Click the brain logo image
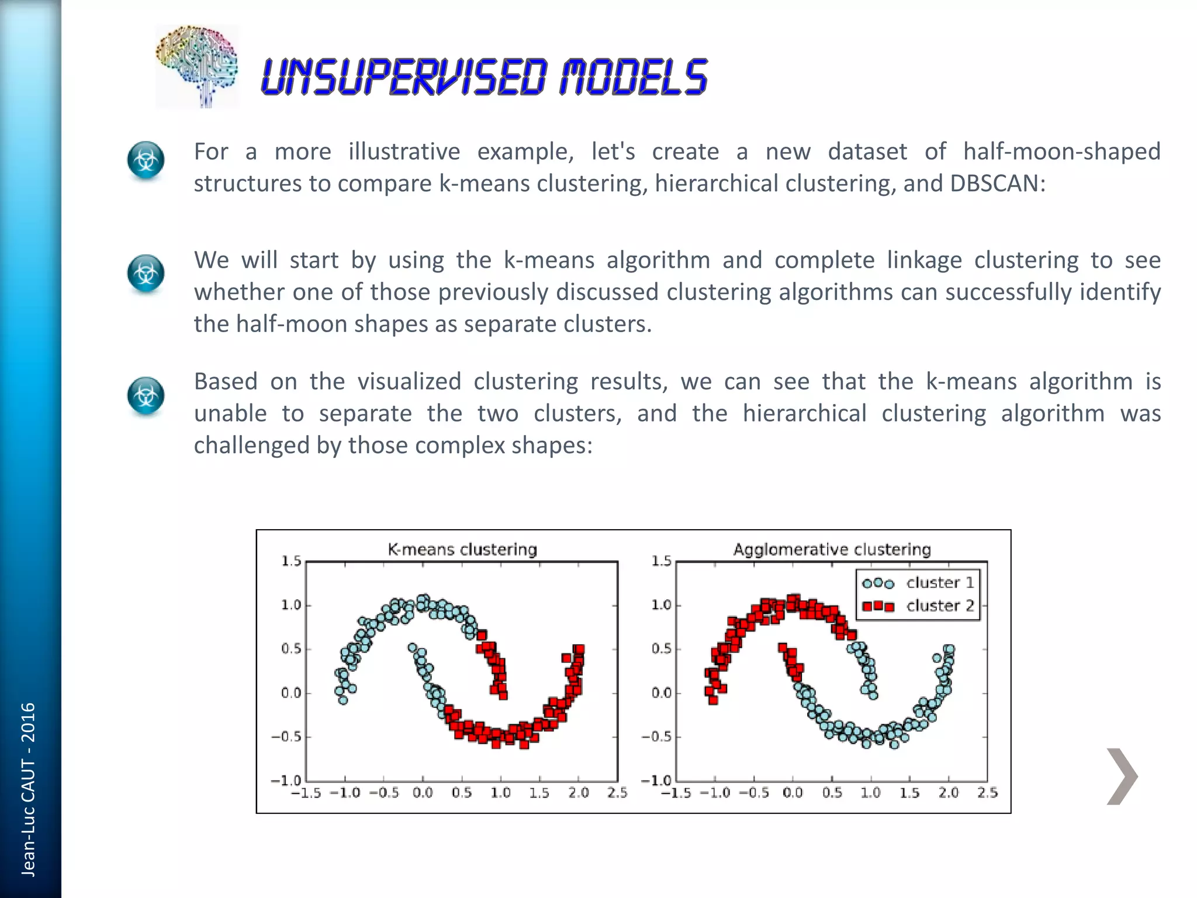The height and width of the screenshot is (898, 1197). click(197, 66)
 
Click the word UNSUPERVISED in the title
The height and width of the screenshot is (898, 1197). click(403, 77)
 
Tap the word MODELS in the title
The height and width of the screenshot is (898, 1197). click(634, 77)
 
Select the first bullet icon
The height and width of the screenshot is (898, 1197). click(146, 160)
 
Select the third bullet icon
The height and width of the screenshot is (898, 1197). click(146, 396)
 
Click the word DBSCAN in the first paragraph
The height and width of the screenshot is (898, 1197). click(997, 184)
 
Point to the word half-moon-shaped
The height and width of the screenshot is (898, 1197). click(1061, 151)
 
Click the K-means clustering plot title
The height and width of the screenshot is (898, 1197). click(462, 550)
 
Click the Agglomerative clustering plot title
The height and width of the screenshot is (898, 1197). click(832, 550)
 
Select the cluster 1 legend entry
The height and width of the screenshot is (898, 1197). click(918, 583)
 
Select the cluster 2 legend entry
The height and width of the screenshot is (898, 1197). click(918, 606)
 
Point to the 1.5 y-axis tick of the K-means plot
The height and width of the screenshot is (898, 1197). click(291, 561)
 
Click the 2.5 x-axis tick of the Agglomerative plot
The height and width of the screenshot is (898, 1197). click(987, 793)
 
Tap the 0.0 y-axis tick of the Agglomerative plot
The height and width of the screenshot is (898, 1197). click(662, 693)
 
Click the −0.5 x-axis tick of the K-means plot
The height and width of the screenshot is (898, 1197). click(383, 793)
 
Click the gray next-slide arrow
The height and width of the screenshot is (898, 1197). click(1122, 776)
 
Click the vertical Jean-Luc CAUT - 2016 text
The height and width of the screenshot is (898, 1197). click(28, 789)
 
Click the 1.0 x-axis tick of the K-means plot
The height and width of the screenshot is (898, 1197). click(500, 793)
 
